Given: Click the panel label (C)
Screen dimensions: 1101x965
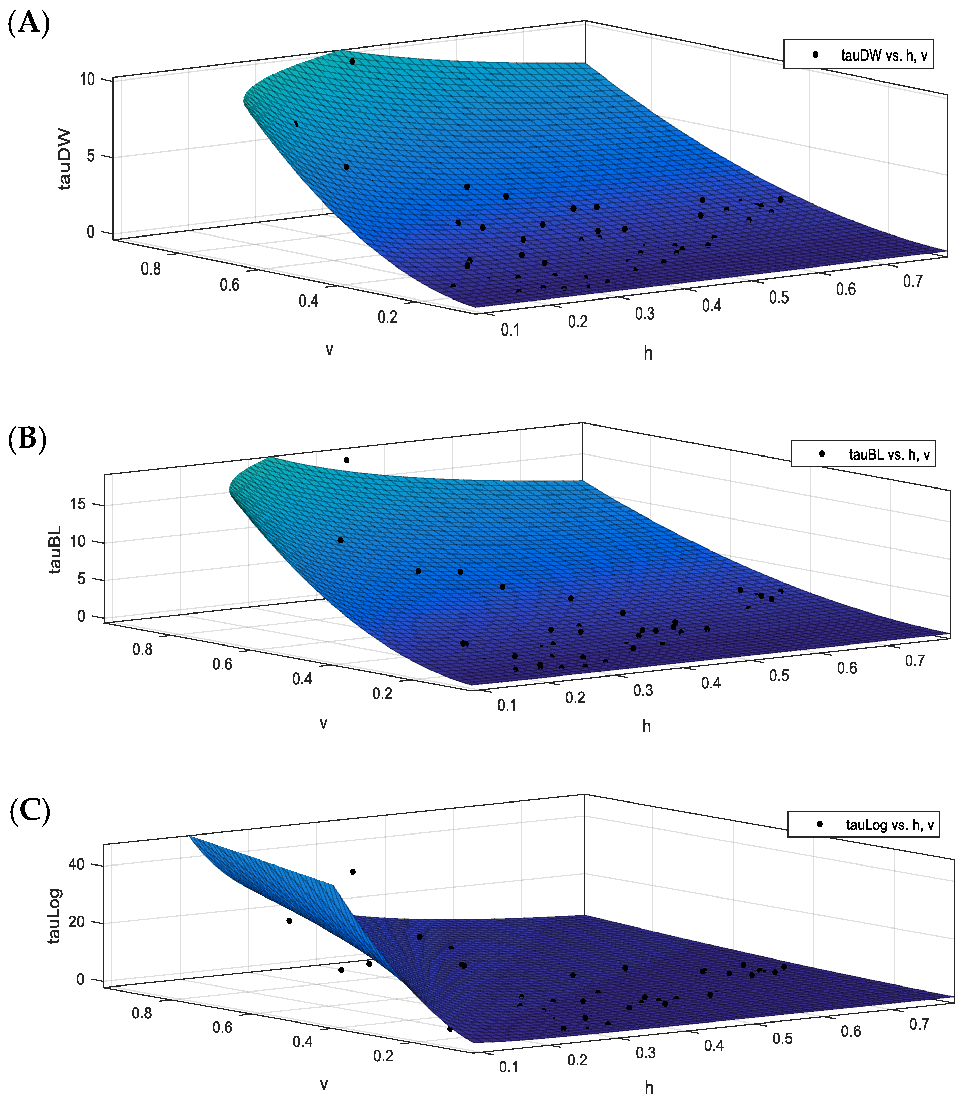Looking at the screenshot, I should point(30,811).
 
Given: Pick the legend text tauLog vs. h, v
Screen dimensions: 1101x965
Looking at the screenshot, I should point(890,825).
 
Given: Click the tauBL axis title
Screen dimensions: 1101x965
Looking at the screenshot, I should point(55,549).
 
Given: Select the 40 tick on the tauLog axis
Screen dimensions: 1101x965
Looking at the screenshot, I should point(76,864).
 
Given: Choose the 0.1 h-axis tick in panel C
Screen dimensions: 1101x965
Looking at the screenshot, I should point(508,1067).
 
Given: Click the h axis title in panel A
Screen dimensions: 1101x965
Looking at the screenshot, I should point(648,353).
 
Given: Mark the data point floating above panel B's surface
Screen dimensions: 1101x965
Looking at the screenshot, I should point(346,460).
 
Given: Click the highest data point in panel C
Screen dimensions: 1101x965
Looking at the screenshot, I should point(353,872).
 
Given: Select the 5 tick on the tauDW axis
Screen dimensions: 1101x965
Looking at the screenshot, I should point(91,156).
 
